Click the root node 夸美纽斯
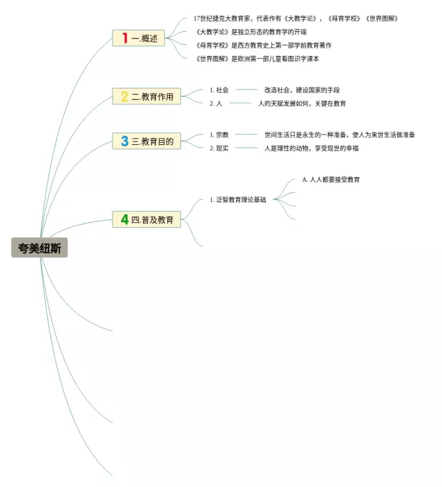[39, 248]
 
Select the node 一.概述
[139, 39]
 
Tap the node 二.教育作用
[146, 97]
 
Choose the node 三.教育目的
[146, 141]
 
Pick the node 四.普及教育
[146, 220]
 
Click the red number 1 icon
[125, 39]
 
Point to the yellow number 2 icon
[124, 97]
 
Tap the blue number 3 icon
[124, 141]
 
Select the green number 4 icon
[124, 220]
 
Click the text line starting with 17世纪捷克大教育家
[296, 19]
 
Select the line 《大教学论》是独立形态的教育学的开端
[251, 32]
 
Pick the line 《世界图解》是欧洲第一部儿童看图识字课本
[258, 59]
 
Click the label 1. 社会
[219, 90]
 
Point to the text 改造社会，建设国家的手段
[302, 90]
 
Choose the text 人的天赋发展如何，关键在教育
[302, 103]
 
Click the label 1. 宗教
[219, 135]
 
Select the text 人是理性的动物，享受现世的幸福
[311, 148]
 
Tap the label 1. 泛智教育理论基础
[238, 199]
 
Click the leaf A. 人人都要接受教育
[331, 179]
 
